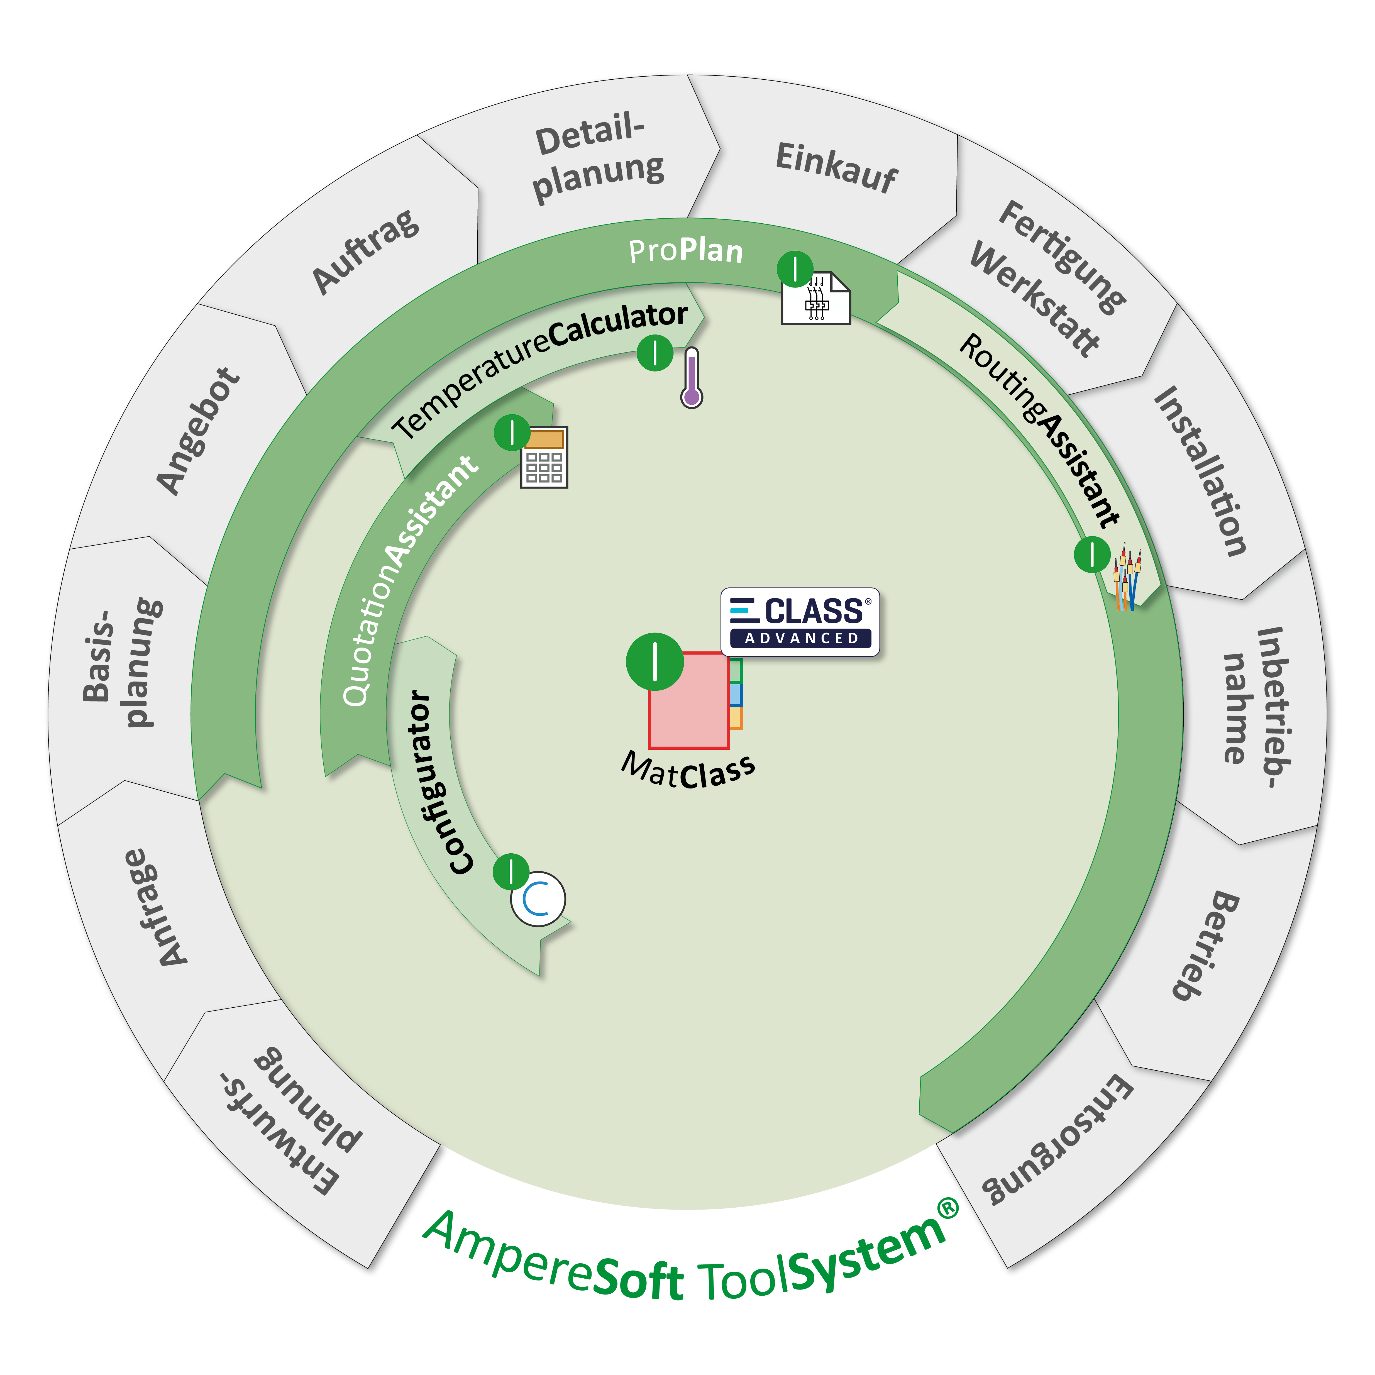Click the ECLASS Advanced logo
pos(800,621)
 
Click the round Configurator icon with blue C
pos(538,899)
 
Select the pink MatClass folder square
pos(688,701)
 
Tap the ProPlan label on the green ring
pos(685,250)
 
